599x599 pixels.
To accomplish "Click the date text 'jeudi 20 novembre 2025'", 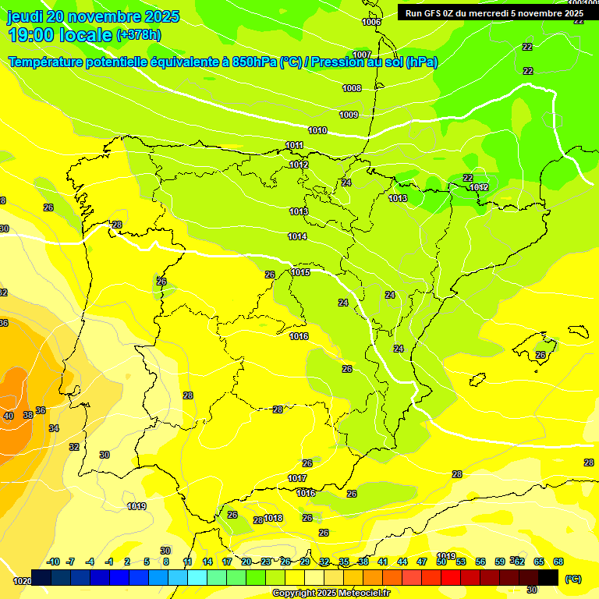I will coord(93,16).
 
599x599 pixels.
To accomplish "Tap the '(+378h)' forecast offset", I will coord(138,34).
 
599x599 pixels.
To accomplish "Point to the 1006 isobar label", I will coord(371,22).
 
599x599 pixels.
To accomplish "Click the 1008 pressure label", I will coord(352,88).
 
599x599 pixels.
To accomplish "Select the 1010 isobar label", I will coord(317,130).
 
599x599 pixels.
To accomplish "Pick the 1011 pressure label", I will coord(294,145).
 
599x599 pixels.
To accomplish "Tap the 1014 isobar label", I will coord(297,236).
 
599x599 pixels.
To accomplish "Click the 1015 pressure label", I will coord(300,272).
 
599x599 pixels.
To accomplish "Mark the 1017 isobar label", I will coord(297,478).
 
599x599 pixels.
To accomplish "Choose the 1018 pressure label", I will coord(273,518).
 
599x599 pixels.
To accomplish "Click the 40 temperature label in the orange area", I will coord(9,416).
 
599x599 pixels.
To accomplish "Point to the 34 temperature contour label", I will coord(54,428).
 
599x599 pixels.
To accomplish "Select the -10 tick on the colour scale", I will coord(54,562).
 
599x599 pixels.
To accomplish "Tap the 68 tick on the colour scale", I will coord(558,562).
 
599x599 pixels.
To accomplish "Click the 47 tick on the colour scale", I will coord(422,562).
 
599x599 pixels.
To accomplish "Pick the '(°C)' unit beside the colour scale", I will coord(572,579).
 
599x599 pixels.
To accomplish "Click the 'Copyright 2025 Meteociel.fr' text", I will coord(331,593).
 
